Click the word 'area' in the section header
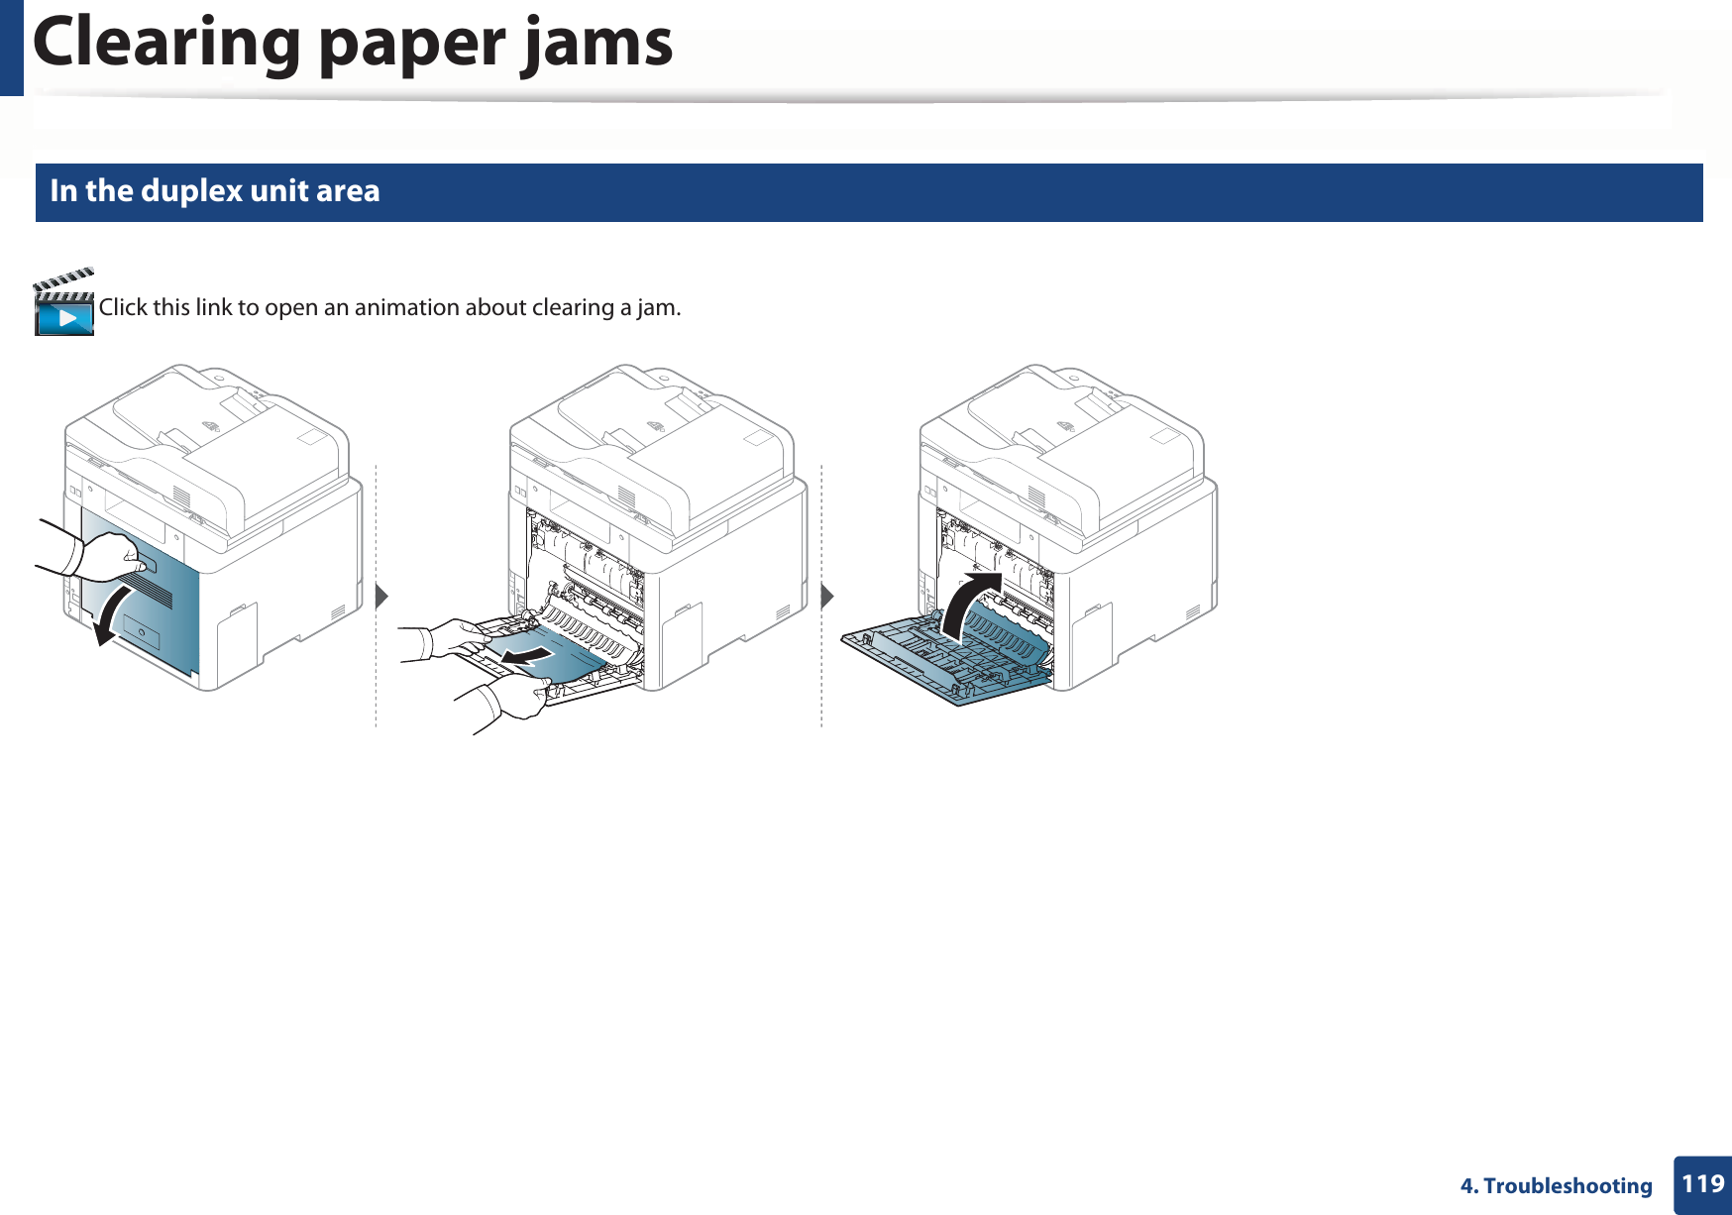347,190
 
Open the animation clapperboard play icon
63,304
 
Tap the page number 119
1702,1184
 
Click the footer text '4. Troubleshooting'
1556,1186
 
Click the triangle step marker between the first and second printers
381,597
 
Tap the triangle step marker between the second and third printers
827,597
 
